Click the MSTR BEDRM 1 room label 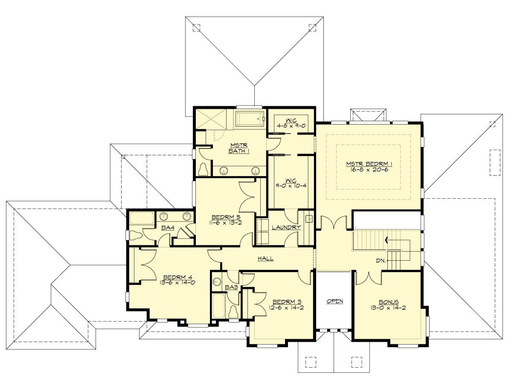368,163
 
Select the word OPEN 335,301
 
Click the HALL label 265,259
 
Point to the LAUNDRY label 286,227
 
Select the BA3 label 231,288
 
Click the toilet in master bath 204,169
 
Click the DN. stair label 381,260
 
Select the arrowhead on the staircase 387,240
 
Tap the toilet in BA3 233,311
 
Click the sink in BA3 216,281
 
